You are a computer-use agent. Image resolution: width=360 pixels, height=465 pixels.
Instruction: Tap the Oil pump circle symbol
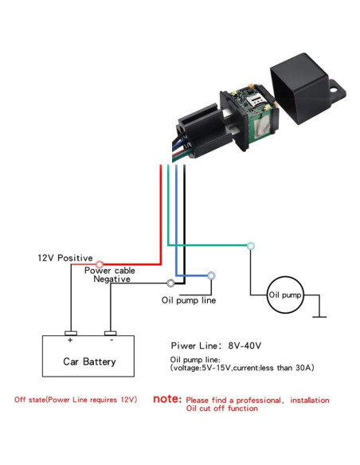click(284, 295)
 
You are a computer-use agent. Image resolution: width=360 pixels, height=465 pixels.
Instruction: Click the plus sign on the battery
click(70, 340)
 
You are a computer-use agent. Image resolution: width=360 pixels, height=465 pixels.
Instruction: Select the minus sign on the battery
click(110, 340)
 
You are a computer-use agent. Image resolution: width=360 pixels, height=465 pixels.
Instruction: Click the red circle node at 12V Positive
click(100, 264)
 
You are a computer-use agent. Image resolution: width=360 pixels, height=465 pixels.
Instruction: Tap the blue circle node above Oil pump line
click(211, 275)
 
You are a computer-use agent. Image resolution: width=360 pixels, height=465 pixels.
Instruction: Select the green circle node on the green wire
click(251, 245)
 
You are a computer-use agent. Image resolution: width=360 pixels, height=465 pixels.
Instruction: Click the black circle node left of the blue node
click(170, 283)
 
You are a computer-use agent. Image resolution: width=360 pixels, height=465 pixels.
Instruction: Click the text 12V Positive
click(65, 259)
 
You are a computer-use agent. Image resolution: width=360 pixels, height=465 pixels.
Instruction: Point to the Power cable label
click(110, 271)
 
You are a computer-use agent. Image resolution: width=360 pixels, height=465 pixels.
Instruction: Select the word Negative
click(112, 279)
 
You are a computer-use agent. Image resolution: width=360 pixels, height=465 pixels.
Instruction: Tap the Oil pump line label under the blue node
click(189, 300)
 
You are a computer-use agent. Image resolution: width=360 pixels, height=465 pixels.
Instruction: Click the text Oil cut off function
click(221, 408)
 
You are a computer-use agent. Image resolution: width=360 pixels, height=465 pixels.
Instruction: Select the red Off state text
click(76, 399)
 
